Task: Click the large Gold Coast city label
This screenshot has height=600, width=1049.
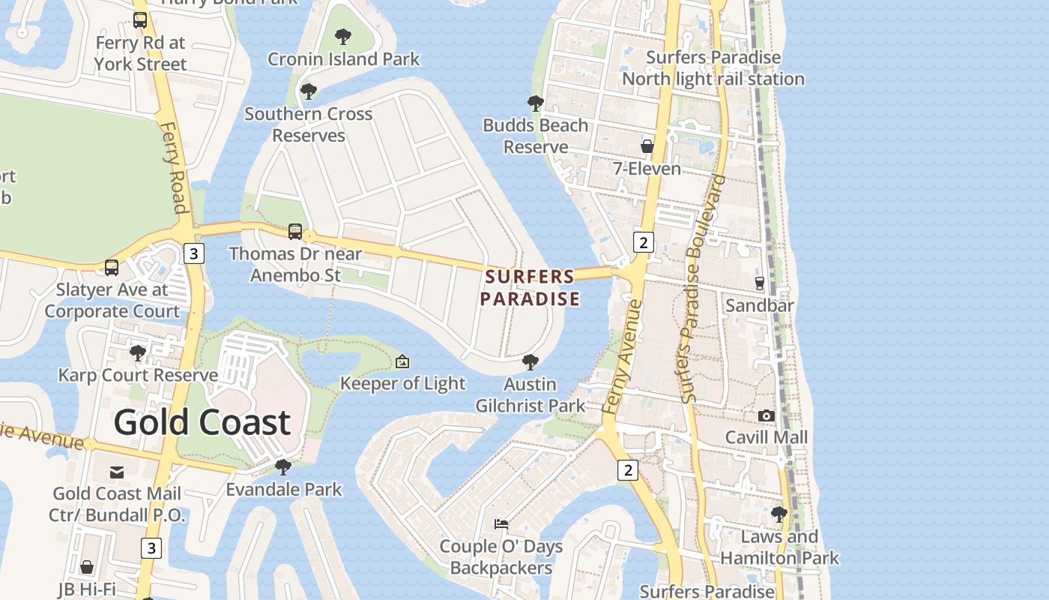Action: click(x=202, y=422)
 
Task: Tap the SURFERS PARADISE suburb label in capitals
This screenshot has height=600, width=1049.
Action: click(x=530, y=288)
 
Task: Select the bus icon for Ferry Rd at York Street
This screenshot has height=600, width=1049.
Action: click(x=140, y=20)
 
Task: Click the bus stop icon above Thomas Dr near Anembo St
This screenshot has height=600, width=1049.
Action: click(x=295, y=231)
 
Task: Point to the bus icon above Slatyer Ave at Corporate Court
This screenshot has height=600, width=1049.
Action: click(x=112, y=267)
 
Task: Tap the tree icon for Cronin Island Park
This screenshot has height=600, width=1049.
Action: click(x=343, y=36)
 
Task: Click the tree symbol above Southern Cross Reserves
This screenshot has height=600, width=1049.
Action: click(x=308, y=91)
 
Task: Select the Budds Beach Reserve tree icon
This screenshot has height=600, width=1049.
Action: click(x=535, y=103)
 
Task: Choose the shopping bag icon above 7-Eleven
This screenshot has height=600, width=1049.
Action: click(x=647, y=146)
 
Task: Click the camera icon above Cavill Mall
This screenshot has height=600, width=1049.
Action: click(x=766, y=415)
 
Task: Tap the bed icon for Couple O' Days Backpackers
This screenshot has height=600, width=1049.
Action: click(x=501, y=523)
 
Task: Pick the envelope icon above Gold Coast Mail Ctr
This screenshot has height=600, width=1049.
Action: click(x=117, y=472)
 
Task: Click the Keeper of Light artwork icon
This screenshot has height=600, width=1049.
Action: click(x=402, y=361)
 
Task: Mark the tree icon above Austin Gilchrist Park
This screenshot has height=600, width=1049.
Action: click(x=530, y=362)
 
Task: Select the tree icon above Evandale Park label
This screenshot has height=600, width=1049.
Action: click(x=283, y=467)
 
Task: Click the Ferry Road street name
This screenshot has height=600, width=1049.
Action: click(x=173, y=168)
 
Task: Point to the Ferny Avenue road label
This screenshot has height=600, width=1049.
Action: click(x=622, y=356)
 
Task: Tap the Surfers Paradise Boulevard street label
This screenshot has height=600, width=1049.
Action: click(x=701, y=289)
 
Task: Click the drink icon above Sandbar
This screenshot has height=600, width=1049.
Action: click(x=760, y=283)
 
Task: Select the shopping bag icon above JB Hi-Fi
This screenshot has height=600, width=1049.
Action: click(x=87, y=567)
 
